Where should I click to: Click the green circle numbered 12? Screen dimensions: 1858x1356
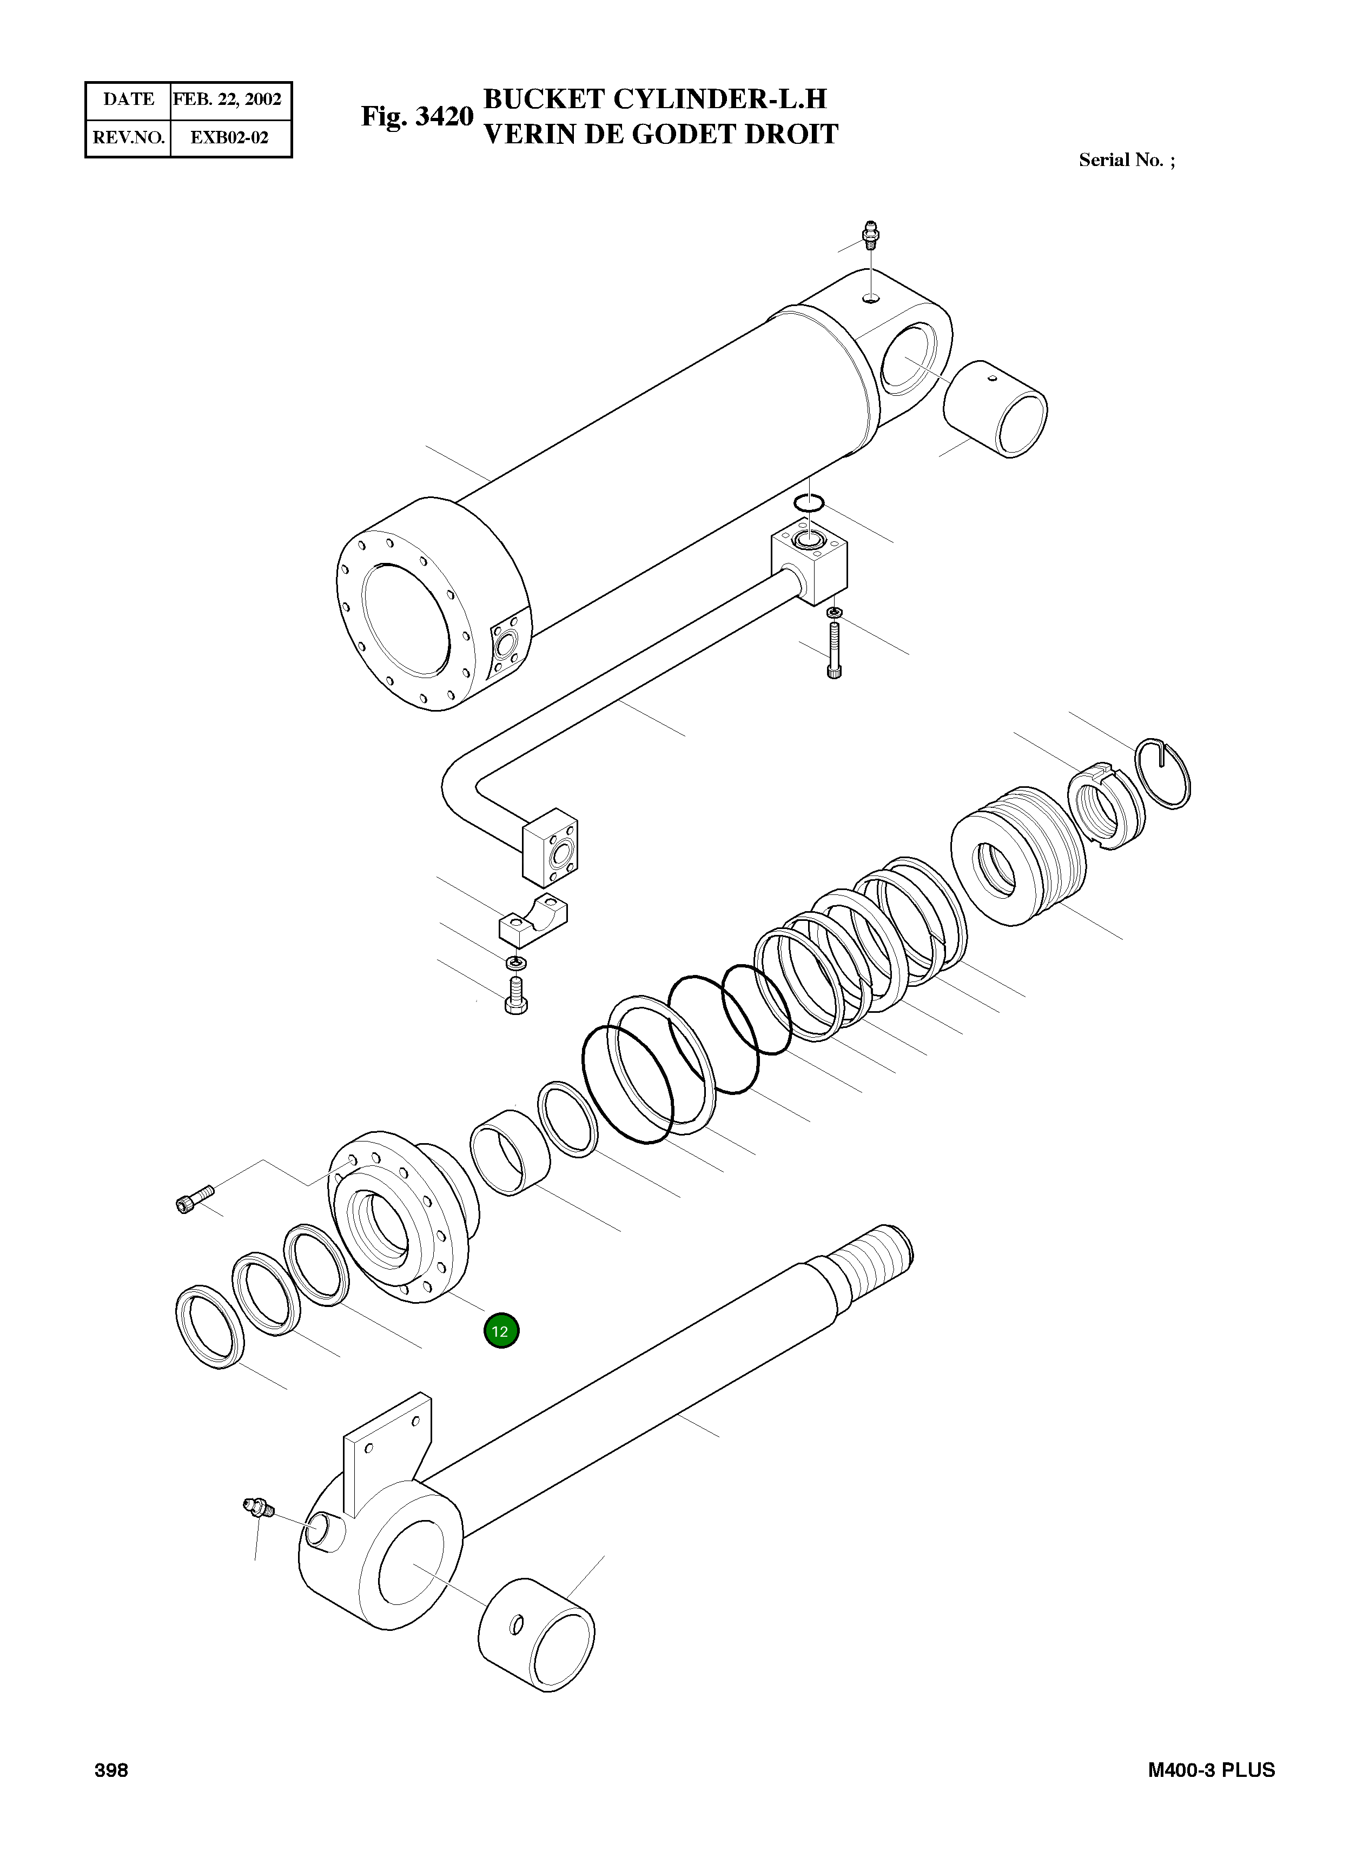(x=501, y=1331)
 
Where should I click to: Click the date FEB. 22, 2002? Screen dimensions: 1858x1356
(x=227, y=100)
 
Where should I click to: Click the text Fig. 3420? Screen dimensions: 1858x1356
(x=417, y=117)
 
